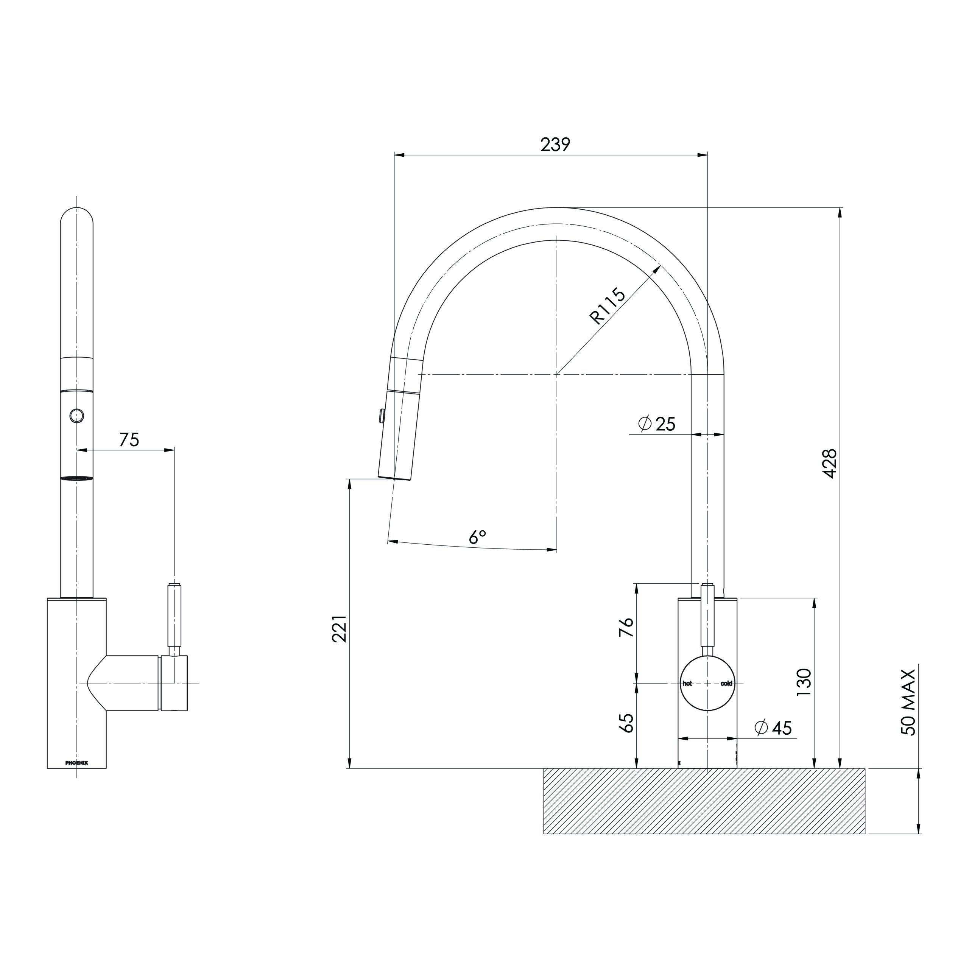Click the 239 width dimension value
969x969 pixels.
click(555, 145)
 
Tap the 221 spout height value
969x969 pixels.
click(339, 628)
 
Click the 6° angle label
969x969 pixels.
click(477, 537)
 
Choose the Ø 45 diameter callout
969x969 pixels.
click(773, 728)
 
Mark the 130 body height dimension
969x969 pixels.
click(804, 682)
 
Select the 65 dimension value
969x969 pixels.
click(626, 723)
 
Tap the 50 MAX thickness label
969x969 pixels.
click(908, 702)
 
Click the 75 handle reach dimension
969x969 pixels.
click(129, 440)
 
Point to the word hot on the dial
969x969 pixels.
click(687, 684)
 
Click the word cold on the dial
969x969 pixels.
click(726, 684)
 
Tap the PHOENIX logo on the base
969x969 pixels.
click(77, 763)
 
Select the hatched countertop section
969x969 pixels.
click(704, 801)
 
